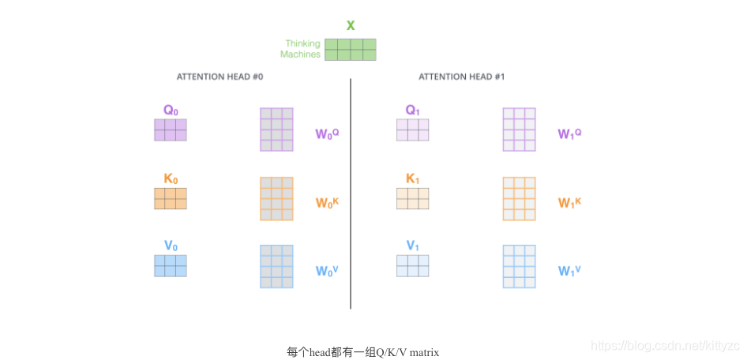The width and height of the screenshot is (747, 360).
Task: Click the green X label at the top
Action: coord(351,25)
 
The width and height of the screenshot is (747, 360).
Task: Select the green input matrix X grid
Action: coord(351,50)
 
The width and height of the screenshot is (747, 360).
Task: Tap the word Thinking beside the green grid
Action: coord(302,44)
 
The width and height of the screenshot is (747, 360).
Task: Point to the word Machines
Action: coord(301,55)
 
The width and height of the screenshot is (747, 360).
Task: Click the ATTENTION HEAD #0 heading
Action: coord(220,77)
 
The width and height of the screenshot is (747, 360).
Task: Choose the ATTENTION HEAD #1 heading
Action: coord(461,77)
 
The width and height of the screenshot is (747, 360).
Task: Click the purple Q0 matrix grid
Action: coord(171,130)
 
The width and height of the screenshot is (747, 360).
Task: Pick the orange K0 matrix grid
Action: coord(171,198)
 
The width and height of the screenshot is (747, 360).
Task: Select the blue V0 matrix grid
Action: coord(171,265)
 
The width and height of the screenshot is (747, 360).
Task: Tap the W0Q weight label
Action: coord(327,134)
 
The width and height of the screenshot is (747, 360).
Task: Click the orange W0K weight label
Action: coord(327,203)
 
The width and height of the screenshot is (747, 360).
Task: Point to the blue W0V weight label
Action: coord(327,271)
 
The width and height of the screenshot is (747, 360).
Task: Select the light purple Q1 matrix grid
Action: coord(413,130)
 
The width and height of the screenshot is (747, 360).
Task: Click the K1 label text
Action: coord(413,179)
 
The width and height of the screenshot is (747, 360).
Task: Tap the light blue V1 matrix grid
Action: coord(413,265)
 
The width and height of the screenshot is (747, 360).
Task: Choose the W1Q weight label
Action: coord(569,134)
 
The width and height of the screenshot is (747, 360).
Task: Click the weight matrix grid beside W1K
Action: coord(520,198)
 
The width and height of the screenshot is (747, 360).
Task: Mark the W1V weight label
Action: coord(569,271)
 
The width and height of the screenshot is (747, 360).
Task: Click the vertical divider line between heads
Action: coord(351,193)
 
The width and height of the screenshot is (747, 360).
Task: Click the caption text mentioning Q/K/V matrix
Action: coord(362,352)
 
